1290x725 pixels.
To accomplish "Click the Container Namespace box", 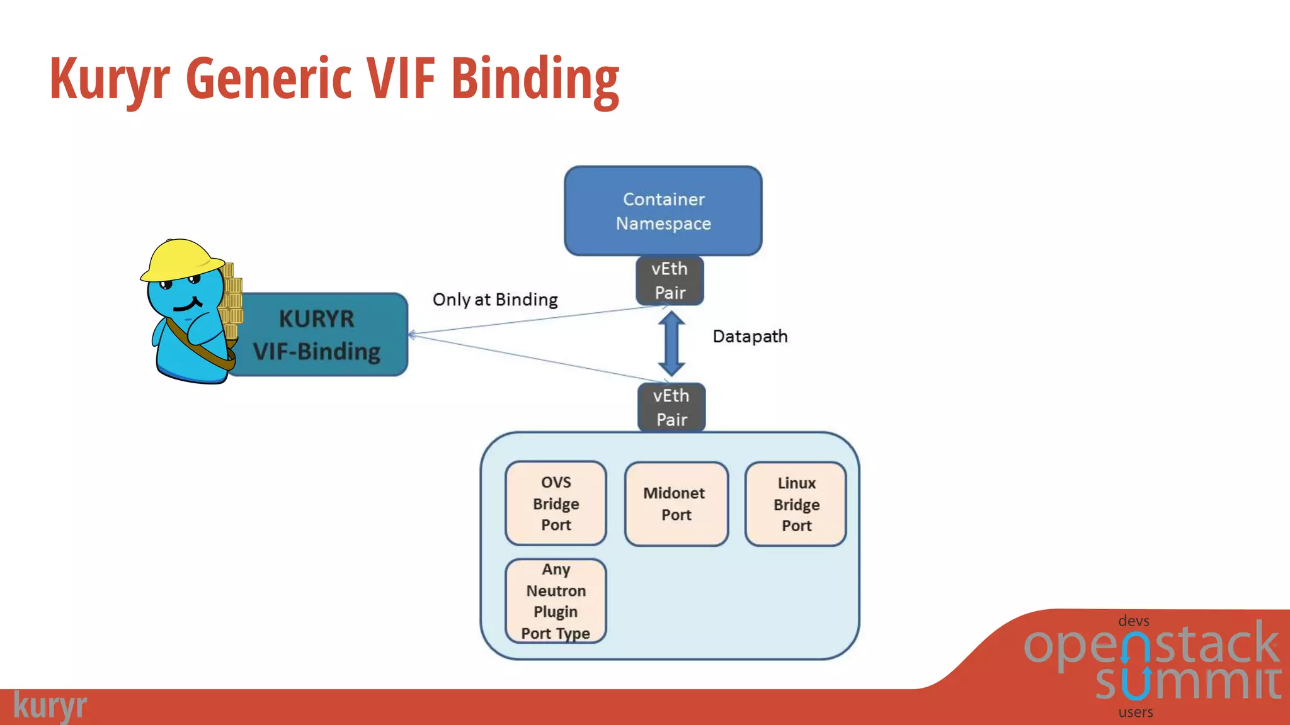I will (x=663, y=211).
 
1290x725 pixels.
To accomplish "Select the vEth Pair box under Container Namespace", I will (x=670, y=281).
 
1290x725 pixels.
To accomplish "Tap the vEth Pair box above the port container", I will (x=671, y=408).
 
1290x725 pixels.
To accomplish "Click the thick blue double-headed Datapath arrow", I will (x=671, y=344).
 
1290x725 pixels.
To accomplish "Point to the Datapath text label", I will (x=750, y=337).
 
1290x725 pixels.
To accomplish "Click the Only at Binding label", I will (x=495, y=300).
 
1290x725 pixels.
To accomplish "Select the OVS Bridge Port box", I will (x=556, y=503).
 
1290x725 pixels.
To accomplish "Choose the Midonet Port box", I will (x=676, y=504).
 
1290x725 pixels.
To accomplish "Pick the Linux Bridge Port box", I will (x=796, y=504).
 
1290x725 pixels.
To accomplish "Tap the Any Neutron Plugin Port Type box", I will (x=556, y=601).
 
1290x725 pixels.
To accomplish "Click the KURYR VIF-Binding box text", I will (x=317, y=335).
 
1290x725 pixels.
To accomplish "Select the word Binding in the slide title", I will (x=535, y=81).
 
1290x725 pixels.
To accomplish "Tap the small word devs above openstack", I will (x=1133, y=621).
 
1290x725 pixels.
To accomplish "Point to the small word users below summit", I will (x=1136, y=712).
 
